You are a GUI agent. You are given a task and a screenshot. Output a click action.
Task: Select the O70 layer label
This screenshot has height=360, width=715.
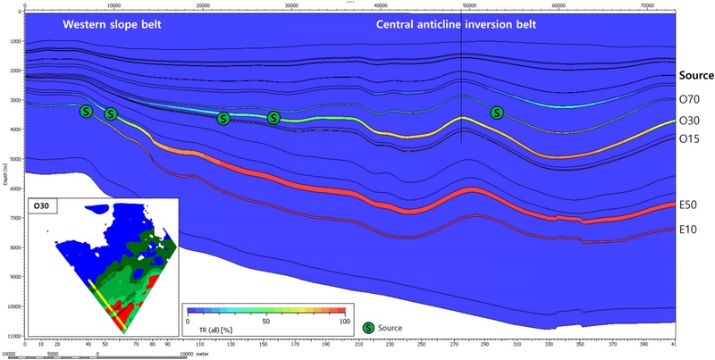(688, 100)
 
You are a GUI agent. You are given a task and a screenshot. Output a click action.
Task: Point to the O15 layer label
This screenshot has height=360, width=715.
(688, 139)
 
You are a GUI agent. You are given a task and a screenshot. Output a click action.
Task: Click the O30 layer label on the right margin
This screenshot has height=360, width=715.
(688, 121)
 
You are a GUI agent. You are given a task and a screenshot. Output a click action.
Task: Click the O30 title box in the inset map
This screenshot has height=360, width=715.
(46, 206)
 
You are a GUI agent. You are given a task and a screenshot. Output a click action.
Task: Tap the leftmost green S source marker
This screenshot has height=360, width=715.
(86, 112)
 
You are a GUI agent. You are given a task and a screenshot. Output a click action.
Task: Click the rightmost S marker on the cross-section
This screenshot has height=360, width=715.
(497, 112)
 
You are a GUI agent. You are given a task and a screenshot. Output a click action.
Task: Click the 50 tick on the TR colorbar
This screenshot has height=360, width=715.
(265, 320)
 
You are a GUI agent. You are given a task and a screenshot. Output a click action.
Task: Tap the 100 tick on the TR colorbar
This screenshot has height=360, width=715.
(344, 320)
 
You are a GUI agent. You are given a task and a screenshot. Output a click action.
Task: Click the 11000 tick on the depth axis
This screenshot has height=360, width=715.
(12, 335)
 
